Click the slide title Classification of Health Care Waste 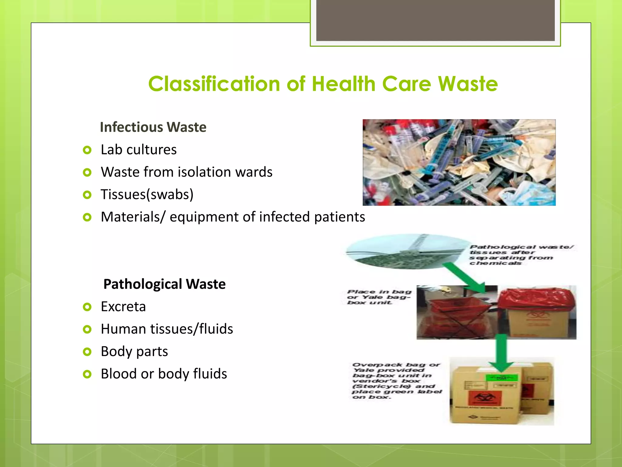[323, 84]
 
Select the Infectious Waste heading [153, 127]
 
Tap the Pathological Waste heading [164, 284]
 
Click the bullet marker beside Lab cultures [87, 150]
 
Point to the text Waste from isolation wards [186, 172]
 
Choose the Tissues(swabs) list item [147, 195]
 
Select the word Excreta [123, 306]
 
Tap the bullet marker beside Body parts [87, 352]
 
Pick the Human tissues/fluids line [167, 329]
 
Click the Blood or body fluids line [164, 374]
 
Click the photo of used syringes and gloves [459, 162]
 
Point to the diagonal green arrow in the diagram [465, 278]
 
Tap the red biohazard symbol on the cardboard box [480, 397]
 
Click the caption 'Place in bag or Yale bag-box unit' [379, 297]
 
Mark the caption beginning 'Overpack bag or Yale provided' [396, 381]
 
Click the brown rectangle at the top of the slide [435, 20]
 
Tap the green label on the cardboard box [501, 378]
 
